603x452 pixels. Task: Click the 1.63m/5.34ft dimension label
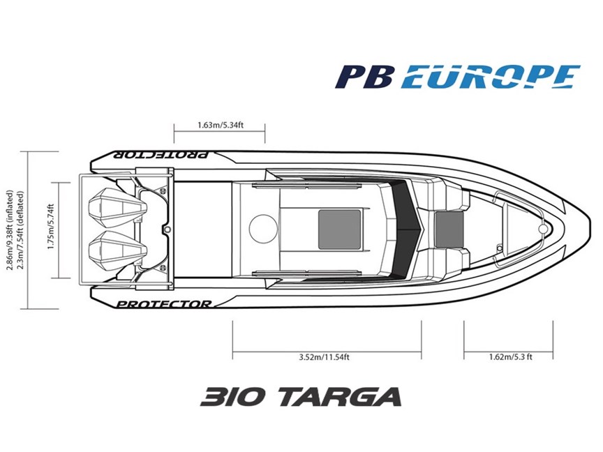(x=221, y=125)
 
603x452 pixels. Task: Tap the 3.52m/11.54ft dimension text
(x=325, y=357)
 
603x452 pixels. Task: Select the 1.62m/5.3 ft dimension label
(x=511, y=357)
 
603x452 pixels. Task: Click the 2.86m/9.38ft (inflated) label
(x=10, y=230)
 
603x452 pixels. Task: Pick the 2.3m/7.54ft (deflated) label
(x=20, y=230)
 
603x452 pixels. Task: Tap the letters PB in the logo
(x=364, y=77)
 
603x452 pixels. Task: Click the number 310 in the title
(x=233, y=397)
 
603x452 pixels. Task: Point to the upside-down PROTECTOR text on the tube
(x=161, y=155)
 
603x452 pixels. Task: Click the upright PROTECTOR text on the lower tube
(x=164, y=304)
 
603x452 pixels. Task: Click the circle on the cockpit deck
(x=263, y=229)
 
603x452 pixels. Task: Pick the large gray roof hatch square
(x=340, y=229)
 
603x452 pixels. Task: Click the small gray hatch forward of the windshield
(x=449, y=229)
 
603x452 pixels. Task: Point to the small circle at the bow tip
(x=543, y=229)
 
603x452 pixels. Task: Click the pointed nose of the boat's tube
(x=589, y=229)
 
